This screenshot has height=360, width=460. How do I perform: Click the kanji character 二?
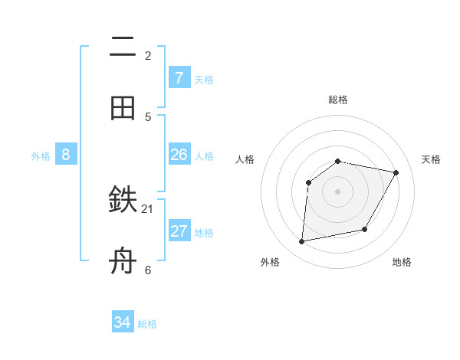click(123, 47)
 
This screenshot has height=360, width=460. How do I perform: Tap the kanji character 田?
click(123, 108)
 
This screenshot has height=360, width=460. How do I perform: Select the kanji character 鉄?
click(123, 201)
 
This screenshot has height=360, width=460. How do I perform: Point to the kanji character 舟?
click(123, 261)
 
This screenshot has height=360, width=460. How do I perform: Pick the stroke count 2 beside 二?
click(148, 55)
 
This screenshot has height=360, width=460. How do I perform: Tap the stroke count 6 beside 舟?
click(148, 270)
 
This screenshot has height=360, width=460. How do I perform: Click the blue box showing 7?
click(179, 77)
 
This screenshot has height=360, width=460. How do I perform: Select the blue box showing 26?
click(179, 155)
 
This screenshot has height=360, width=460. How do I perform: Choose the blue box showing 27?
click(179, 231)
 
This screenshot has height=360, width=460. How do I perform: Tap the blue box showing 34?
click(123, 322)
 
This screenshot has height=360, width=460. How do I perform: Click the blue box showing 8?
click(66, 155)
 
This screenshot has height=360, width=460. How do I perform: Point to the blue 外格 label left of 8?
click(41, 156)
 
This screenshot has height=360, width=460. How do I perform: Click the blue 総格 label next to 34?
click(147, 324)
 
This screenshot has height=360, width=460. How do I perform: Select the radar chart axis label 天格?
click(431, 159)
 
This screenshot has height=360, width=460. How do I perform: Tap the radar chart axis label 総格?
click(337, 100)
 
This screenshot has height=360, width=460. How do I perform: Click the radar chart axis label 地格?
click(402, 262)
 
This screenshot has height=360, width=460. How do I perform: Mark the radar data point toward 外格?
click(302, 242)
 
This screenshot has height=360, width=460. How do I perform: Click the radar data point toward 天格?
click(396, 172)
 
